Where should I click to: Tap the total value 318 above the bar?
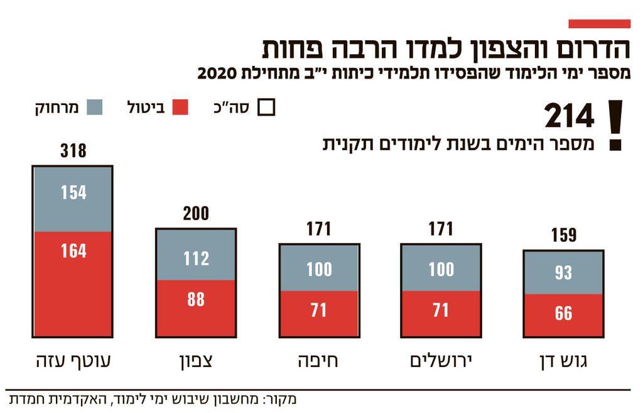[73, 151]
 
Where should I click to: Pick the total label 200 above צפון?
[196, 214]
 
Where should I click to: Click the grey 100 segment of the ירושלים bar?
[441, 268]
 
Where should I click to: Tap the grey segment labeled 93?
[563, 272]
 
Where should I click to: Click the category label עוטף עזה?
[73, 363]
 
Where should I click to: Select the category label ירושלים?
[441, 363]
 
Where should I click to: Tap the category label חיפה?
[318, 363]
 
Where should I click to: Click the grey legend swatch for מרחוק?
[94, 107]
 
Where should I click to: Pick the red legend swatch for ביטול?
[180, 107]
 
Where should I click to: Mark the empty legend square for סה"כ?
[267, 107]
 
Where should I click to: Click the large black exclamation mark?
[616, 125]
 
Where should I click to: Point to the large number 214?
[569, 117]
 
